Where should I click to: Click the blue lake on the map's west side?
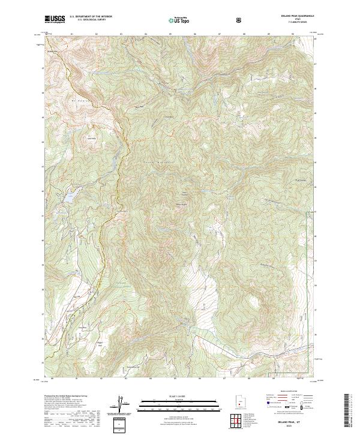coord(70,197)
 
